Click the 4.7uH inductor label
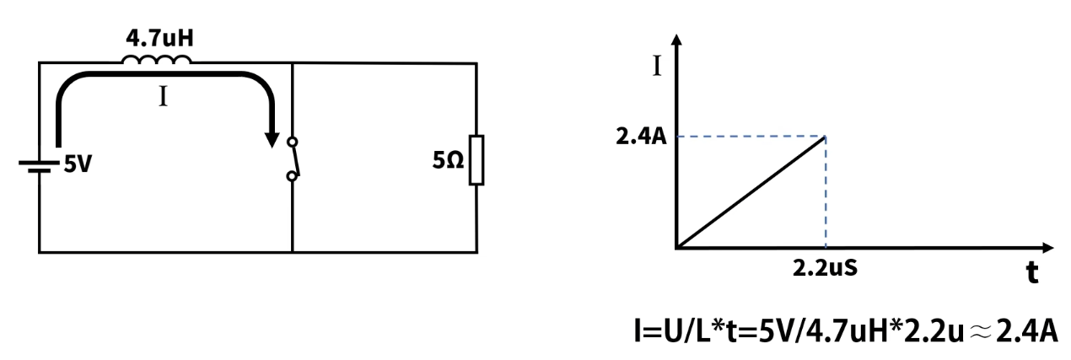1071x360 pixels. pos(159,38)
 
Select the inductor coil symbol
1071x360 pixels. pos(156,60)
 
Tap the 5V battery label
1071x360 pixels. pos(78,164)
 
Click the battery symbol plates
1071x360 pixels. pos(39,167)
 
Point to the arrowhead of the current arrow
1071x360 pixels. pos(272,139)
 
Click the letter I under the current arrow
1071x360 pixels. pos(163,97)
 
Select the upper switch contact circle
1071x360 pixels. pos(293,142)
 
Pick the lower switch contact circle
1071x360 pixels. pos(292,176)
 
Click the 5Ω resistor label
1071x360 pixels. pos(448,161)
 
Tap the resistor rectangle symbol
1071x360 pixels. pos(476,160)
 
